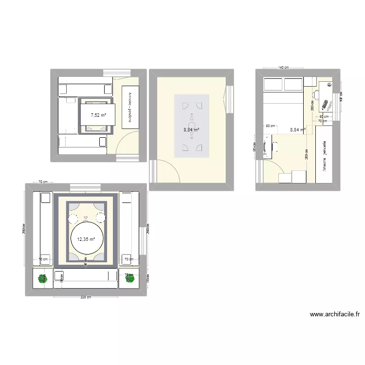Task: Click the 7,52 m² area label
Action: tap(98, 115)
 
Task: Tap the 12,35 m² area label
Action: tap(86, 239)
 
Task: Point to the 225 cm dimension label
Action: tap(86, 298)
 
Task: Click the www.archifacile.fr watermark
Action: tap(335, 314)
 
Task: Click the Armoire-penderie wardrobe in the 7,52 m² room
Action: tap(130, 108)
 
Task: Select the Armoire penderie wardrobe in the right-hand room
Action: tap(325, 154)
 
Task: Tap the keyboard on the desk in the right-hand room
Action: tap(325, 104)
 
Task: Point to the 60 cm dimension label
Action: tap(324, 117)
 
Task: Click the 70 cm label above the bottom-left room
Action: tap(43, 182)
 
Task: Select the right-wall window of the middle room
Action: tap(229, 100)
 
